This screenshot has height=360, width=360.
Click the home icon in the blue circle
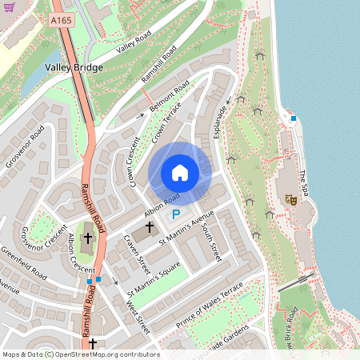pyautogui.click(x=180, y=173)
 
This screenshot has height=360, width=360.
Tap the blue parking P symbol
pyautogui.click(x=176, y=214)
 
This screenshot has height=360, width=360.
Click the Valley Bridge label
pyautogui.click(x=74, y=68)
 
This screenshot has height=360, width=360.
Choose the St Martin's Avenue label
pyautogui.click(x=187, y=228)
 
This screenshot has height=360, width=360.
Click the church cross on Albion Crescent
pyautogui.click(x=87, y=238)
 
